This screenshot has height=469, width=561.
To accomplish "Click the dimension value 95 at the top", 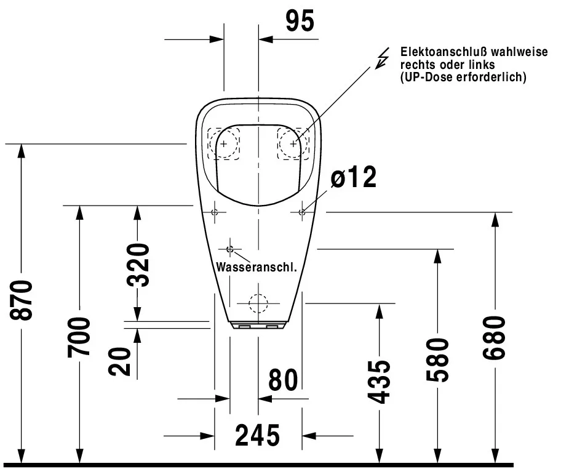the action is [300, 21].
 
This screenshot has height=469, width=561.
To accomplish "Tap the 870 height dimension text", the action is [22, 300].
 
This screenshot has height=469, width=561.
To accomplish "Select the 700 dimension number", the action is [79, 337].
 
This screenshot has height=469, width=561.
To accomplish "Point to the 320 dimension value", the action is [138, 265].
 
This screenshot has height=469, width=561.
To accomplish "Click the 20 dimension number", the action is [119, 361].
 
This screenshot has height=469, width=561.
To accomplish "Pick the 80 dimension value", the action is [283, 380].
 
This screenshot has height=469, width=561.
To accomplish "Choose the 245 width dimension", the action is [258, 435].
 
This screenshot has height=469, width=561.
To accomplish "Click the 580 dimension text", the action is [437, 359].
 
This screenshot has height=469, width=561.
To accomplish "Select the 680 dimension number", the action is [494, 338].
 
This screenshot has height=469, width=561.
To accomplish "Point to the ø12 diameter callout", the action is [354, 177].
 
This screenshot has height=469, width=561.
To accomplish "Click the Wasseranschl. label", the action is [257, 267].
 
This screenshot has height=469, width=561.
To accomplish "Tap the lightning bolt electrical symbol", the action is [382, 58].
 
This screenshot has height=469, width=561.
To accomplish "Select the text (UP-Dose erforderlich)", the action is [463, 77].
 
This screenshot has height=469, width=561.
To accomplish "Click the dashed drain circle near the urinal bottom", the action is [258, 303].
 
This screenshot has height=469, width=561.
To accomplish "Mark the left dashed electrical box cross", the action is [224, 144].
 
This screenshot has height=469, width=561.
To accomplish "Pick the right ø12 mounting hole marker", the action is [302, 212].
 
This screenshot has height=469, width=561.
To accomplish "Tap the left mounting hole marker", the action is [215, 212].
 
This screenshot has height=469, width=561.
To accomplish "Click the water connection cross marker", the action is [229, 249].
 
